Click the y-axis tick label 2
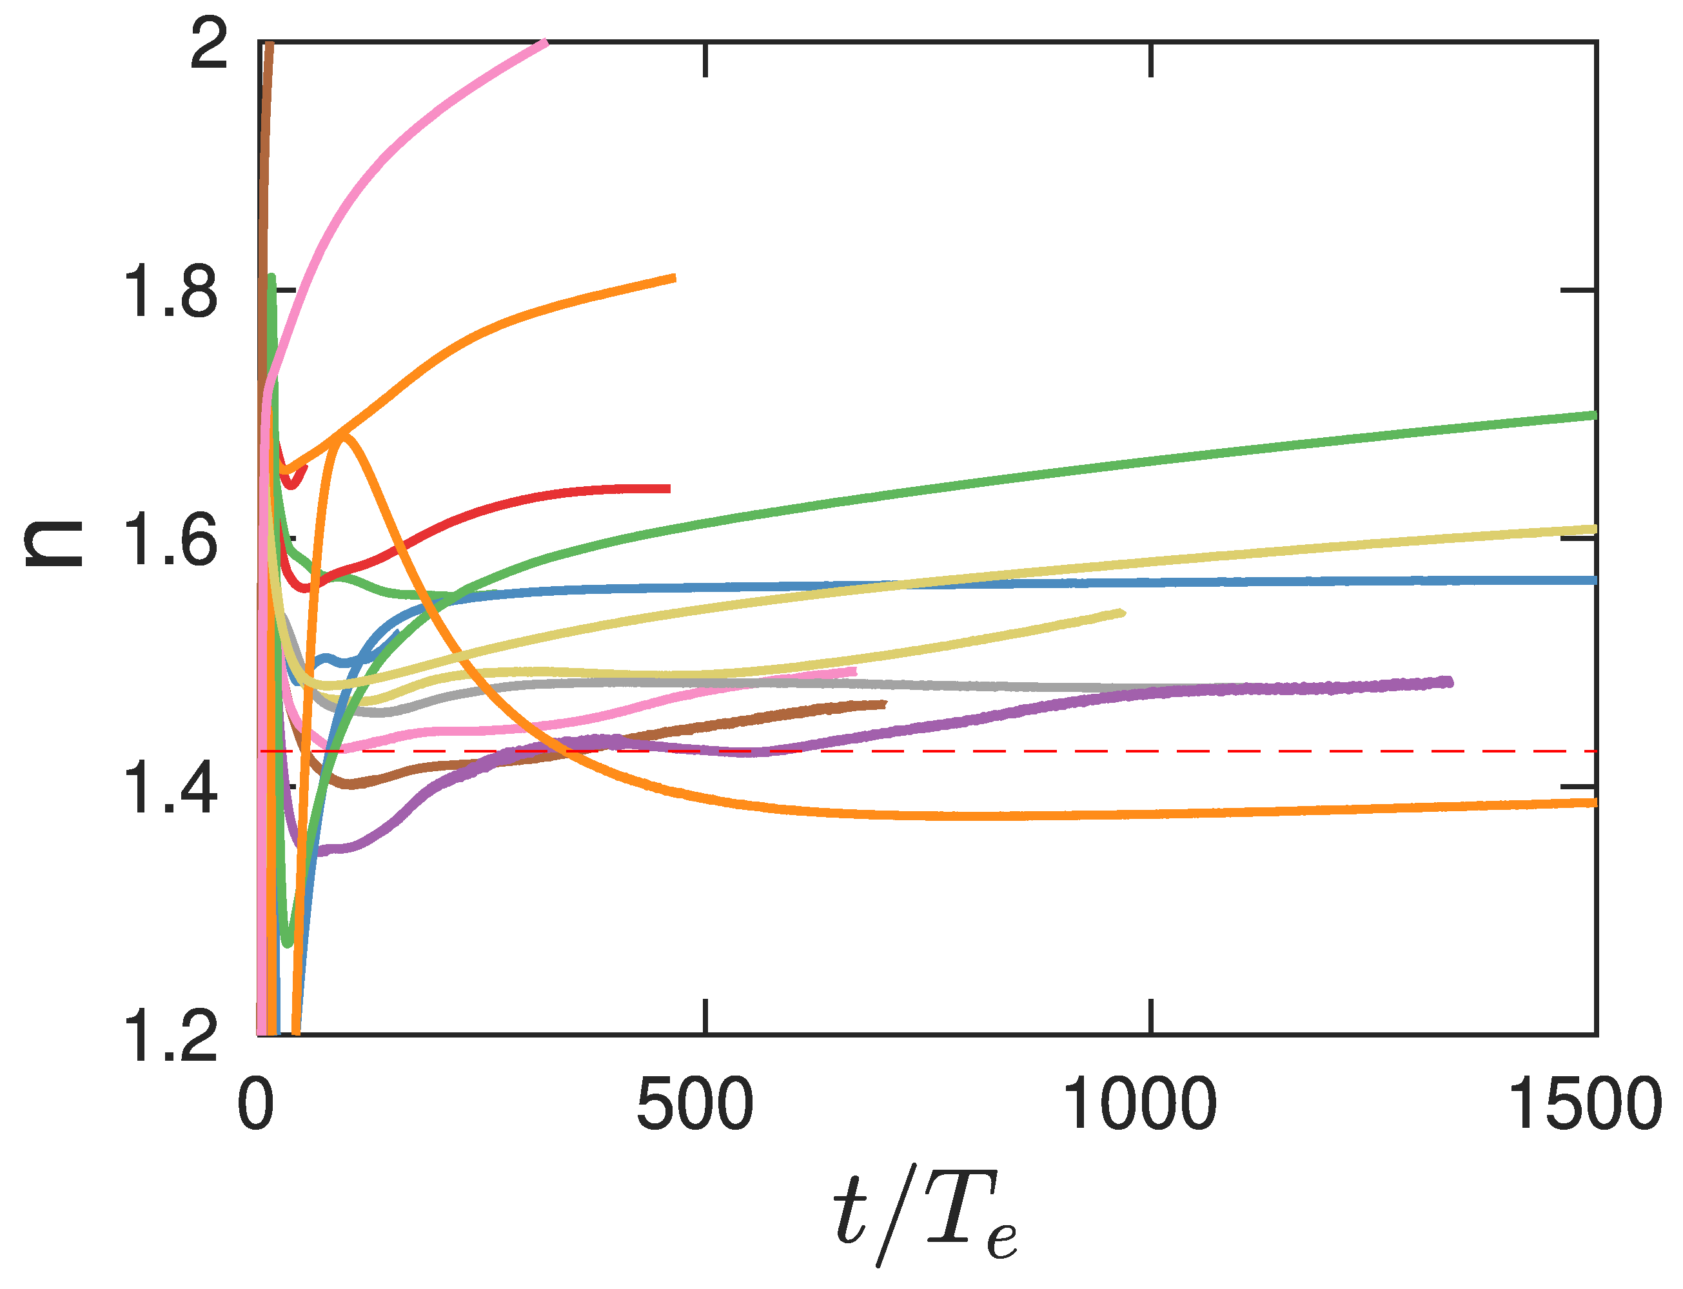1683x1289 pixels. point(209,44)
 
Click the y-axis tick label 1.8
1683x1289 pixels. point(170,291)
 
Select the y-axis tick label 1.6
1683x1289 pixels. point(170,542)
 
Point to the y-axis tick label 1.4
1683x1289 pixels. point(170,789)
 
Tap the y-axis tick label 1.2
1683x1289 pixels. point(170,1038)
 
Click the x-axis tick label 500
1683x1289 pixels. point(695,1105)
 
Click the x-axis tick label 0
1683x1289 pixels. point(255,1105)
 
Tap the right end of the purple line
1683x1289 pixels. point(1449,682)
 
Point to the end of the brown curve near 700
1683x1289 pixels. point(885,704)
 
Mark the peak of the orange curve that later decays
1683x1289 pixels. point(343,437)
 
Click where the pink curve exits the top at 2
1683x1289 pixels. point(545,42)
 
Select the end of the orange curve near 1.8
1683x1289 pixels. point(673,278)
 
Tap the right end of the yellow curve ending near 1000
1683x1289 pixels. point(1122,613)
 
